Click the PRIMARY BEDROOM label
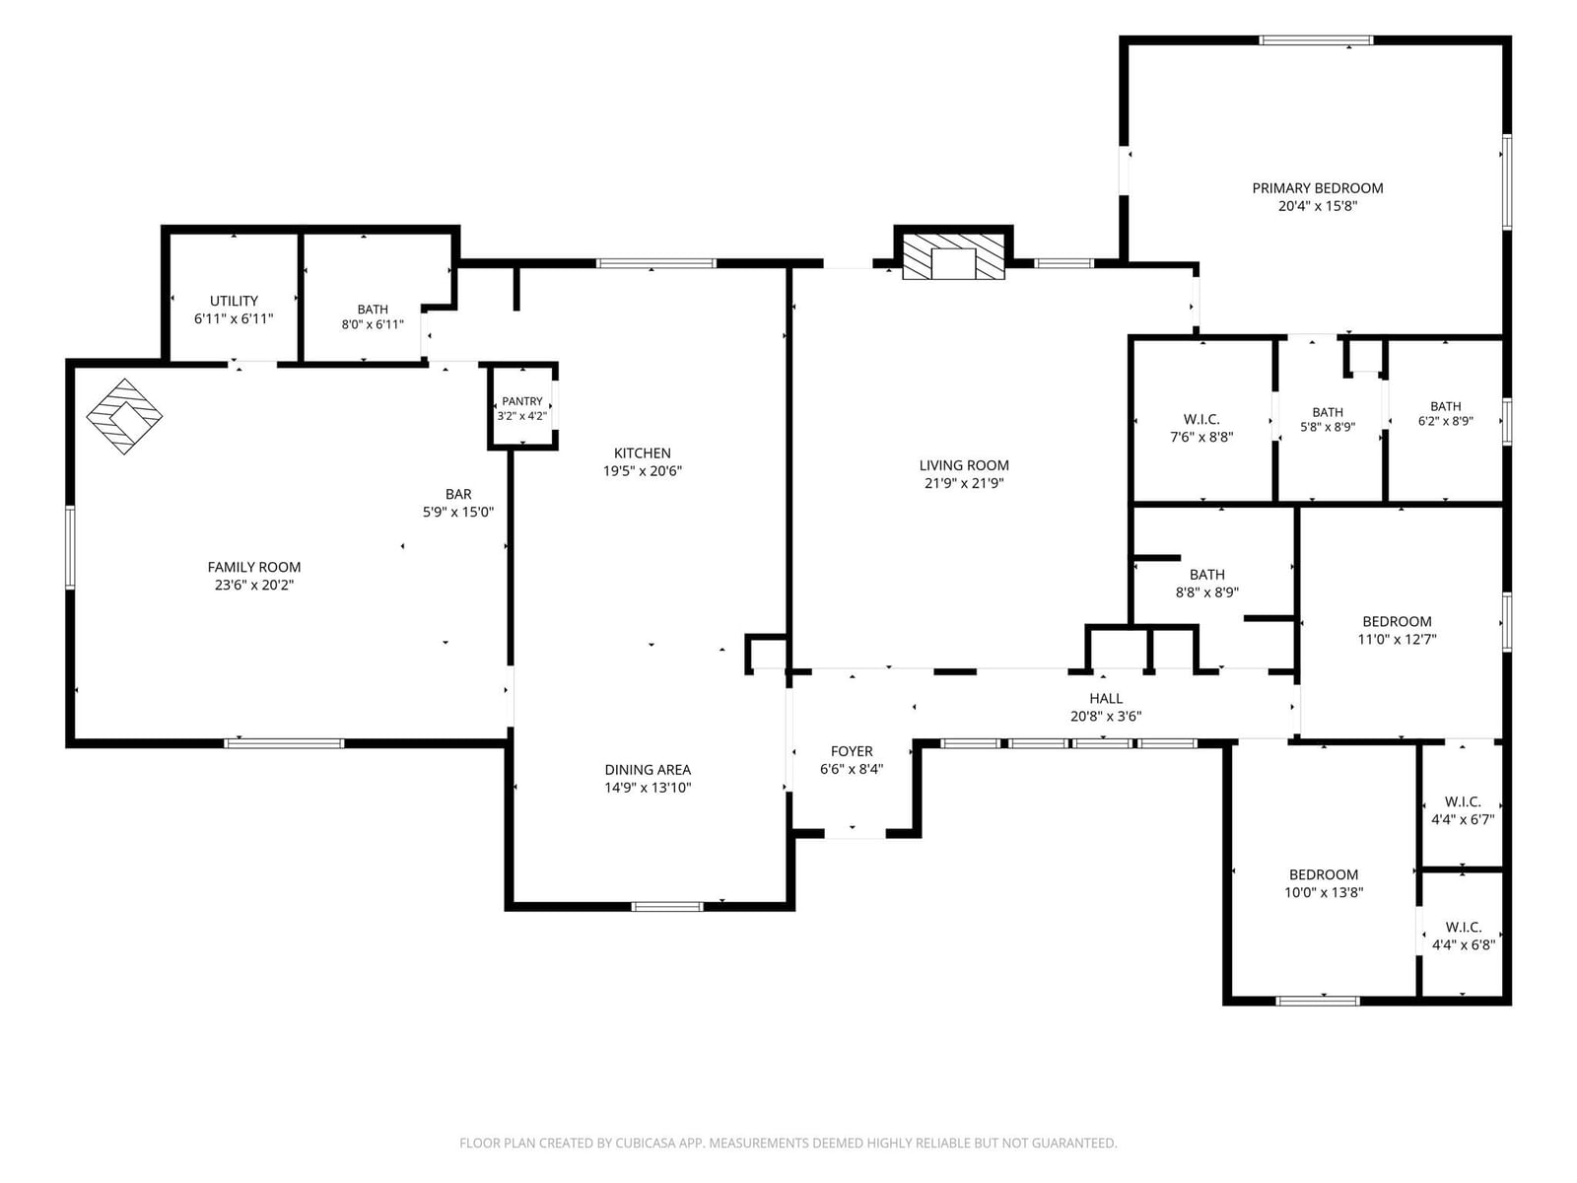(x=1317, y=188)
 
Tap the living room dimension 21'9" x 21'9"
(x=963, y=483)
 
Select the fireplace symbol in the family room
(x=124, y=417)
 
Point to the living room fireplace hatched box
(x=953, y=255)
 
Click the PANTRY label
(x=522, y=401)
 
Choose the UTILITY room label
(x=234, y=301)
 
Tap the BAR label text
(x=458, y=494)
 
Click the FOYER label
(x=852, y=751)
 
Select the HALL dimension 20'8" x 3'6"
(x=1106, y=716)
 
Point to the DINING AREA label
(x=648, y=770)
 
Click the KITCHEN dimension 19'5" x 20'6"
(x=643, y=471)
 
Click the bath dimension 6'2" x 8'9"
(x=1446, y=422)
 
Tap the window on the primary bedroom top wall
(x=1316, y=40)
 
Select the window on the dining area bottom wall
(x=666, y=906)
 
